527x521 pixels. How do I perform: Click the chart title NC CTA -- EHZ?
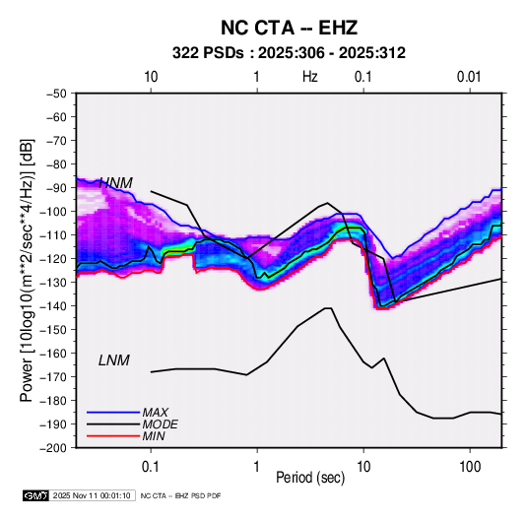289,28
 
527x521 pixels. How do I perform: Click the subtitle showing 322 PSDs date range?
289,53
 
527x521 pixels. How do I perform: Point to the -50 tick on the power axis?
56,94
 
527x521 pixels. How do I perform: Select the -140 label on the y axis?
54,306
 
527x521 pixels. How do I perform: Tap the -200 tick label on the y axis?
54,448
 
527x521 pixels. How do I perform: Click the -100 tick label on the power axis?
54,212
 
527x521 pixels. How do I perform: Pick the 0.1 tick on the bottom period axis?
151,467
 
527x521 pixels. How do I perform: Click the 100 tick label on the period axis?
470,467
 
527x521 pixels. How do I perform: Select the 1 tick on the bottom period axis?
257,467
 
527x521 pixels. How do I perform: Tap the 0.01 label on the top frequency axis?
469,77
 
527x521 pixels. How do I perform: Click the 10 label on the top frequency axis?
151,77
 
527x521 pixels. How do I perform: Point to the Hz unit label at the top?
310,77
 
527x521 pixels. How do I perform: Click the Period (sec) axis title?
310,478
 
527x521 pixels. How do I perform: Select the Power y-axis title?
27,270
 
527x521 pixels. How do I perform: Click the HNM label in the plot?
115,183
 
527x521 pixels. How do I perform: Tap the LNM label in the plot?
114,360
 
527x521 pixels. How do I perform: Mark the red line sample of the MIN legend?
113,436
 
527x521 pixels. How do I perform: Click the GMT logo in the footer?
35,495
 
